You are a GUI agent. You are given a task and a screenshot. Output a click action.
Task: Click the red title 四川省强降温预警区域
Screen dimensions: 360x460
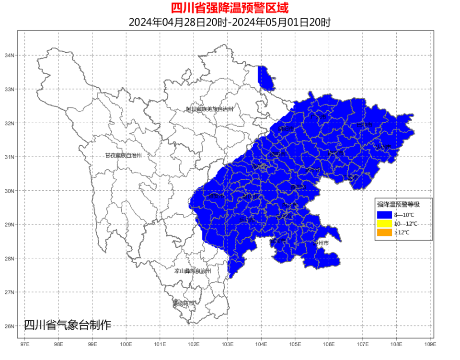(x=230, y=8)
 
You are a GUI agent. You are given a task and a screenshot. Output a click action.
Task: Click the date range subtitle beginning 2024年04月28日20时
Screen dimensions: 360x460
(x=230, y=22)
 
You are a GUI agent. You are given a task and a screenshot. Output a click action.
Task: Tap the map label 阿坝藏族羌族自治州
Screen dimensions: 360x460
(x=210, y=109)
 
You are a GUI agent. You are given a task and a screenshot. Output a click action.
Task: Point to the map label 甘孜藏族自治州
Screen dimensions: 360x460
(x=123, y=155)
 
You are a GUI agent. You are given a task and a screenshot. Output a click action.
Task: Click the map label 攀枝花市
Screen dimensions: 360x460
(x=184, y=303)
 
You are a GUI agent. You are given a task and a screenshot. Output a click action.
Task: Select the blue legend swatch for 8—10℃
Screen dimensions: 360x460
(x=384, y=215)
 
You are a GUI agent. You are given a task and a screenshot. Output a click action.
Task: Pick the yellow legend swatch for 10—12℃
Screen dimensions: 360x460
(x=384, y=223)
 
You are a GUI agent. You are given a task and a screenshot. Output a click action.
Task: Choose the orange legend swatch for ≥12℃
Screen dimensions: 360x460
(x=384, y=232)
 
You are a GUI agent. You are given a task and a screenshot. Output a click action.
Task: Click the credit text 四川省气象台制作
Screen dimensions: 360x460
(x=67, y=325)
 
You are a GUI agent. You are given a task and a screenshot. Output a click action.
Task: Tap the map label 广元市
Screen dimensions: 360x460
(x=318, y=116)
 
